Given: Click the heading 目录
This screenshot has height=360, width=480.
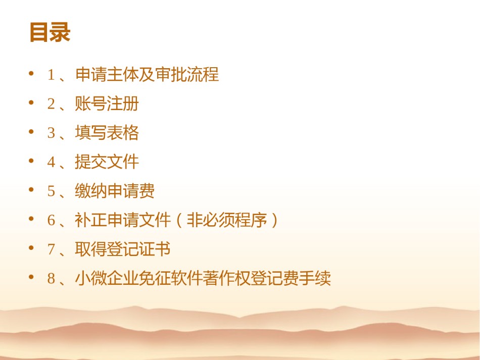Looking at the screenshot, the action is click(x=50, y=32).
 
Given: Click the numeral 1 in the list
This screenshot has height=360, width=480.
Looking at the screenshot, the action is click(x=51, y=75).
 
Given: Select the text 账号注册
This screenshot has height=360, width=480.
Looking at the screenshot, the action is click(x=107, y=104).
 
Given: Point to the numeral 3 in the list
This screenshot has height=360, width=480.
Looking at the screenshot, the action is click(x=51, y=133).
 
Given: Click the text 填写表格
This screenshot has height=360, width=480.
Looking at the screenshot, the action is click(x=107, y=132).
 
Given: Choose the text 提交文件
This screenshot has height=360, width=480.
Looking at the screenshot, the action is click(x=107, y=162).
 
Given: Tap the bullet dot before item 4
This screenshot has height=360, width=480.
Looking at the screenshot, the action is click(x=31, y=161).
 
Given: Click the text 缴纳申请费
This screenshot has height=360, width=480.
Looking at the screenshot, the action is click(x=115, y=190).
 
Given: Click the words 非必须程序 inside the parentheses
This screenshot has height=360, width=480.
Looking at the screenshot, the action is click(x=227, y=220).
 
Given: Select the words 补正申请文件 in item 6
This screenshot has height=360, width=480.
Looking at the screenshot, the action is click(x=123, y=220).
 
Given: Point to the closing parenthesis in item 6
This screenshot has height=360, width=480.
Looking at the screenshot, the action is click(x=274, y=220).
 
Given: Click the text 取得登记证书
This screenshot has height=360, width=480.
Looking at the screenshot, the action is click(x=123, y=248).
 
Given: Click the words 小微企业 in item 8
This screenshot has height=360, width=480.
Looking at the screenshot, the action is click(x=107, y=278).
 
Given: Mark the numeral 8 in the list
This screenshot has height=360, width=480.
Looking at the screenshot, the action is click(x=51, y=278).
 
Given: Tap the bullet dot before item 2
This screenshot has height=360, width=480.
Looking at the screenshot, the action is click(x=31, y=102).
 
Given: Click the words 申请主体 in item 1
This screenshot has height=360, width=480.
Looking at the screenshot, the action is click(x=107, y=74).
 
